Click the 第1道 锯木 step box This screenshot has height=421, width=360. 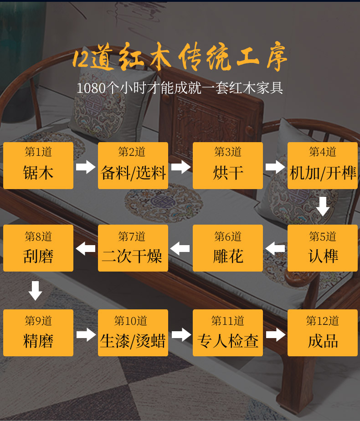pos(38,165)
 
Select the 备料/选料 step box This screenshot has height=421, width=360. pos(133,165)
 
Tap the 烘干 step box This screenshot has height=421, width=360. pos(228,165)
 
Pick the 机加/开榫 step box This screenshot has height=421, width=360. pos(323,165)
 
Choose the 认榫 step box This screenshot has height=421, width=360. pos(323,248)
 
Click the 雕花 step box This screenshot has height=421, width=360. pos(228,248)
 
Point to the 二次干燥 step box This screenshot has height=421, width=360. pos(133,248)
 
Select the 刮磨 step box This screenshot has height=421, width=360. pos(38,248)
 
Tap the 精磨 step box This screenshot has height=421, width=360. pos(38,333)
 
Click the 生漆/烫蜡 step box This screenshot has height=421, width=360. pos(133,333)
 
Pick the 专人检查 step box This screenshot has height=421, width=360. pos(228,333)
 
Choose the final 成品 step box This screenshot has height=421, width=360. pos(323,333)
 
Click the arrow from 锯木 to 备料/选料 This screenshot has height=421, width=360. pos(86,167)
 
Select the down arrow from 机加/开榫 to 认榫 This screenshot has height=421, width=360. pos(323,206)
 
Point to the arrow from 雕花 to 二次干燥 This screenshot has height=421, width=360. pos(180,249)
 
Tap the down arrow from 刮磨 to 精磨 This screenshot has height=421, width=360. pos(35,290)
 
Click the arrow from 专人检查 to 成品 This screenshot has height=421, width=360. pos(275,334)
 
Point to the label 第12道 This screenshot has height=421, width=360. pos(323,321)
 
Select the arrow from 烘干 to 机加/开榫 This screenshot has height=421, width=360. pos(275,167)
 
